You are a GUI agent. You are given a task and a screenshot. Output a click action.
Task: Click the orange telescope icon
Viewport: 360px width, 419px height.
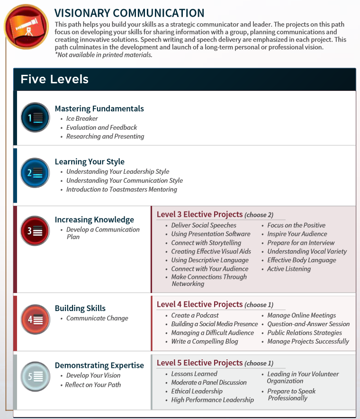pos(26,24)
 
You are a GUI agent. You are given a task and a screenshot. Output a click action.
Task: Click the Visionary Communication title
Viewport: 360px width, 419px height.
pos(129,13)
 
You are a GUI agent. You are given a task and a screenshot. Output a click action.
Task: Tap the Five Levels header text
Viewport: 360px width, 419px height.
pos(54,79)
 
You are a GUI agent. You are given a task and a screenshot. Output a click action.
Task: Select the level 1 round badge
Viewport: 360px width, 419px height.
pos(35,117)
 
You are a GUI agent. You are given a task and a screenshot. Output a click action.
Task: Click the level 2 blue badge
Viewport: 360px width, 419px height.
pos(35,173)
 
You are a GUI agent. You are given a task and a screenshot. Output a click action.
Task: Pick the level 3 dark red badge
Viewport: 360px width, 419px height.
pos(35,231)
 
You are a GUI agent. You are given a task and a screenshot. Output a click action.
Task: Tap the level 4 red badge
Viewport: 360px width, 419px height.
pos(35,320)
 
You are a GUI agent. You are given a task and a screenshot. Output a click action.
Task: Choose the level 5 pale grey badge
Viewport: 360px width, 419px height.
pos(35,377)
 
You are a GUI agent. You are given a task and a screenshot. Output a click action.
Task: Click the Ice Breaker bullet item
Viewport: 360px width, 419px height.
pos(82,118)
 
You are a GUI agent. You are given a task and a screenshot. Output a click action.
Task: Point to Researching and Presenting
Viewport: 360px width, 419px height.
pos(105,136)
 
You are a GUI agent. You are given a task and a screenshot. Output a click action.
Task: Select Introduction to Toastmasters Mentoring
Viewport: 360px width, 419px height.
pos(121,189)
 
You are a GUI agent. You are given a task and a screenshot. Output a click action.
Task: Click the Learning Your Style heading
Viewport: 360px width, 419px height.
pos(90,161)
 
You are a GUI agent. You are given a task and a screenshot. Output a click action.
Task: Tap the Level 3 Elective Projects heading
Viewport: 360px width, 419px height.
pos(199,214)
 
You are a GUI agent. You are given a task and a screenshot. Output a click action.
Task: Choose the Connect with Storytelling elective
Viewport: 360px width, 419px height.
pos(206,243)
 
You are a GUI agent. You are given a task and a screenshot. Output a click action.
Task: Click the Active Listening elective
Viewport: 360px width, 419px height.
pos(289,269)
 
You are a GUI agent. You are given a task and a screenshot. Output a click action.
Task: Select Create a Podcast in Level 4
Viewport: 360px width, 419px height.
pos(195,315)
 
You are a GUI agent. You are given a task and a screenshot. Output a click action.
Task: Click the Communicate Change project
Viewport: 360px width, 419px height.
pos(97,318)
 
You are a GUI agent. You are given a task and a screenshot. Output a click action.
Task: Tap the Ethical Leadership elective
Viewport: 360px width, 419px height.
pos(197,391)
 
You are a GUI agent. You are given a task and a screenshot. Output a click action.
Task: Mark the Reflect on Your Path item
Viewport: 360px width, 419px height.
pos(93,384)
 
